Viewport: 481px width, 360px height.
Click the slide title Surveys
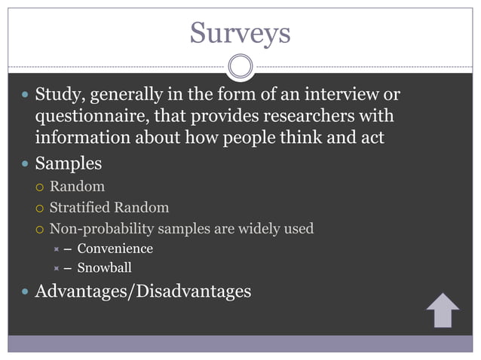pos(240,32)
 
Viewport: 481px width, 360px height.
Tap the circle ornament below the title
pos(240,66)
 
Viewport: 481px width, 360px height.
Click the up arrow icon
pos(443,310)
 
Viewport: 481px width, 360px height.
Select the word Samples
pos(69,162)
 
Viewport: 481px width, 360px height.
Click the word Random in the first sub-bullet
pos(77,187)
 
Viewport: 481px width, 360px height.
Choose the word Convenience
pos(115,249)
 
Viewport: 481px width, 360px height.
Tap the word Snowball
pos(104,267)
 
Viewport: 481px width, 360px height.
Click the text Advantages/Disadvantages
pos(143,291)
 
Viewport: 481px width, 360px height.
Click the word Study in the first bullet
pos(59,96)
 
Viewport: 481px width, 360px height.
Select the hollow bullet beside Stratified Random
pos(40,208)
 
